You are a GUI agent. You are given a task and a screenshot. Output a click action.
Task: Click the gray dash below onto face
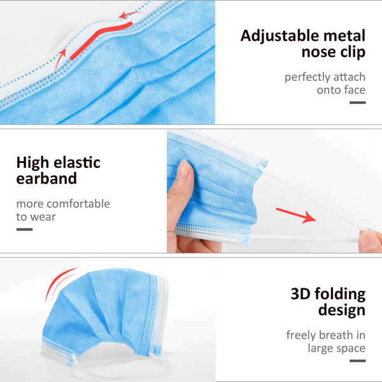pyautogui.click(x=358, y=103)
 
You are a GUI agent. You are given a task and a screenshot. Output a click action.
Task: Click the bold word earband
pyautogui.click(x=46, y=180)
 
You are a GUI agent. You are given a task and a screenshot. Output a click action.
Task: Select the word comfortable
pyautogui.click(x=78, y=204)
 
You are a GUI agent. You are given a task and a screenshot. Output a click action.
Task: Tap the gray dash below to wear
pyautogui.click(x=24, y=229)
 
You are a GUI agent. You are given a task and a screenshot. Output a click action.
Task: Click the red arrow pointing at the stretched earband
pyautogui.click(x=299, y=215)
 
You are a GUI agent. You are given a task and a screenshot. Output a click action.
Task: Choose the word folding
pyautogui.click(x=341, y=295)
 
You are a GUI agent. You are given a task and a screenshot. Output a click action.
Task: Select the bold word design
pyautogui.click(x=341, y=311)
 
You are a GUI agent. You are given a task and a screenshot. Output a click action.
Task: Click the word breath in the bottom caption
pyautogui.click(x=337, y=334)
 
